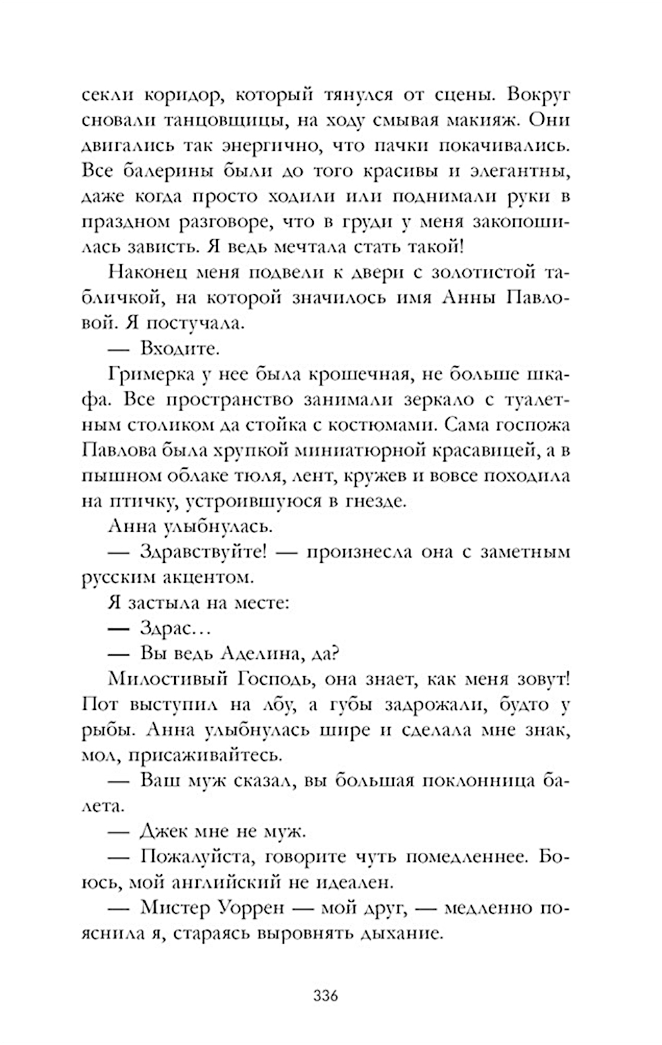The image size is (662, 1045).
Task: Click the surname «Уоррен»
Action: click(250, 908)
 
